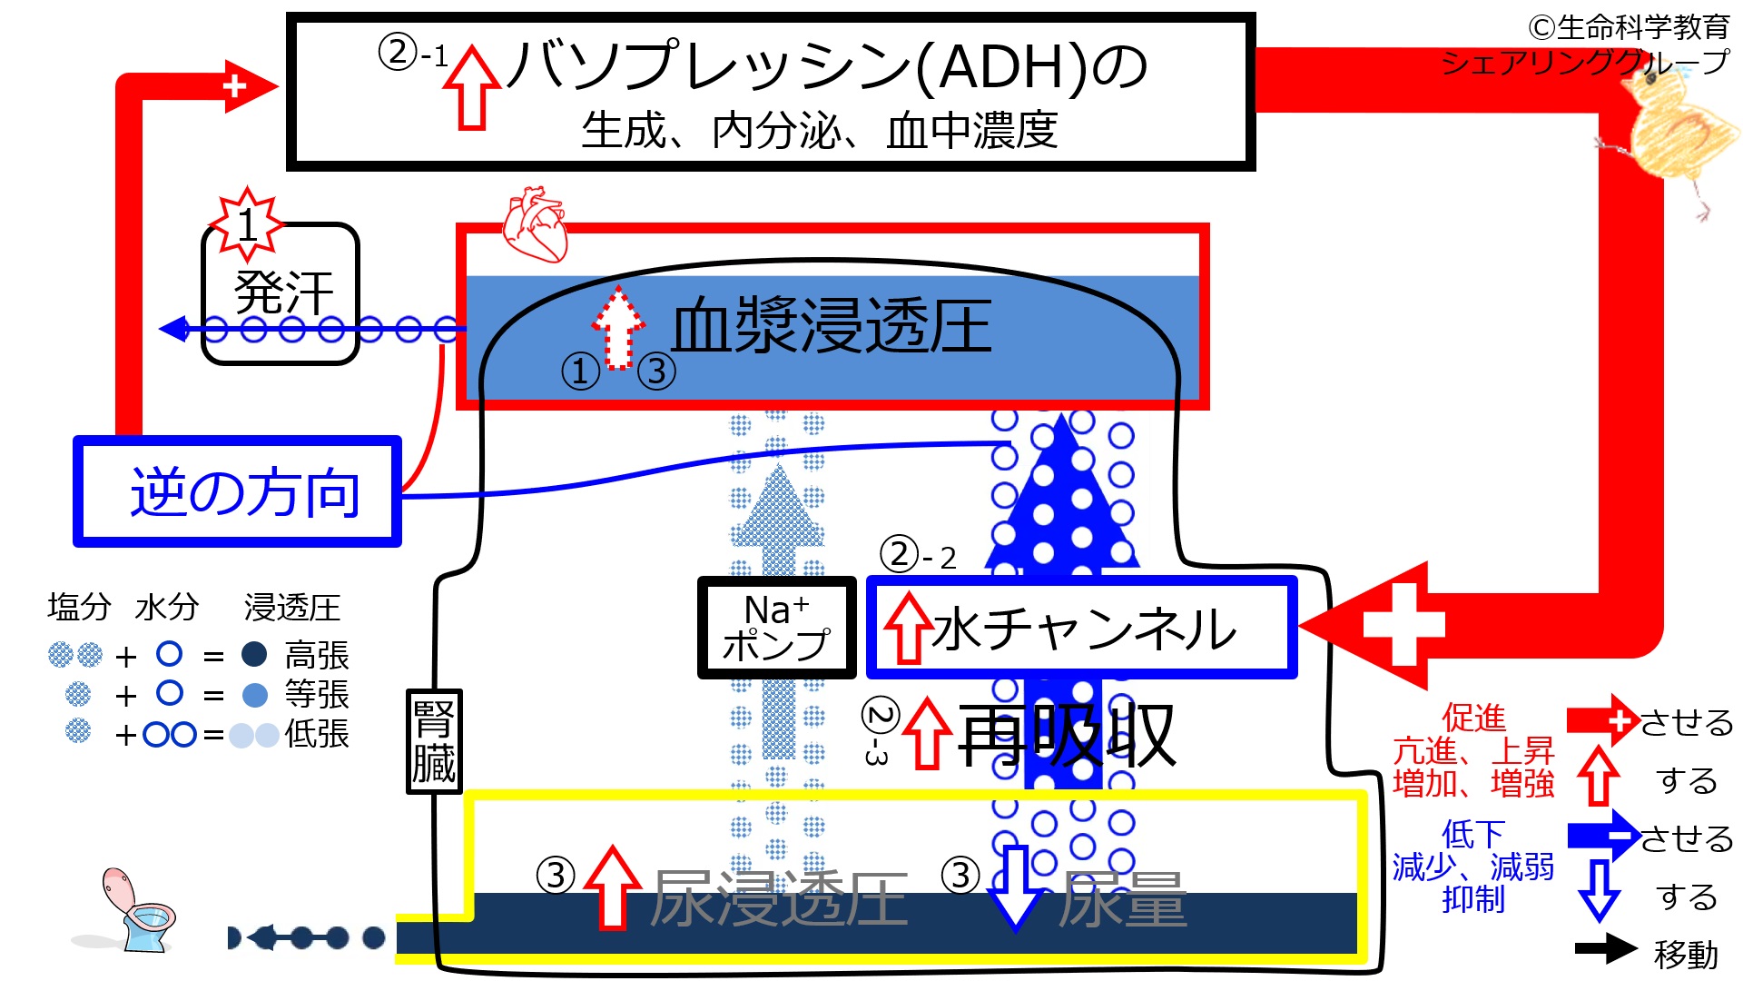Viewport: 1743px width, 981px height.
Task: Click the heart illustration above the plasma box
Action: [536, 224]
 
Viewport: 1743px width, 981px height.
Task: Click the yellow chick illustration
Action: [1675, 136]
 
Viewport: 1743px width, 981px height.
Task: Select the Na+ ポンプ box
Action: [776, 628]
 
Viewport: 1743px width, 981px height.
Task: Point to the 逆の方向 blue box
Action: [238, 491]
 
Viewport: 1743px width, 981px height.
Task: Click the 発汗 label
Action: [283, 292]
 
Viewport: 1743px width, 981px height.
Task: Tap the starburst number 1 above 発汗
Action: [246, 223]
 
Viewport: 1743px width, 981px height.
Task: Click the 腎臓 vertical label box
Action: [434, 741]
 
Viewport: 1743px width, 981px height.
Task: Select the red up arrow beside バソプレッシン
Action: [472, 87]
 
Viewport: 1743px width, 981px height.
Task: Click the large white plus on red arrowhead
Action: [1403, 625]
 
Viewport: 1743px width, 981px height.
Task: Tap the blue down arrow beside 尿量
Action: [1014, 886]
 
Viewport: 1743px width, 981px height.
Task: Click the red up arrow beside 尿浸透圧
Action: [613, 886]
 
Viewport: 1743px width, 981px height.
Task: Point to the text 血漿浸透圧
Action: [831, 325]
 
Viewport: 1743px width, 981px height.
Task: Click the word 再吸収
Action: [1067, 736]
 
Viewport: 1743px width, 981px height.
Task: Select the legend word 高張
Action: [317, 655]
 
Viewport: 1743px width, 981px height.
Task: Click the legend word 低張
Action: [317, 733]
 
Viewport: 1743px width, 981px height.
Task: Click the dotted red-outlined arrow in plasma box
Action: [618, 327]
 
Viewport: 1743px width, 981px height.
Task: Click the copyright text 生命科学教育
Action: [1630, 27]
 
